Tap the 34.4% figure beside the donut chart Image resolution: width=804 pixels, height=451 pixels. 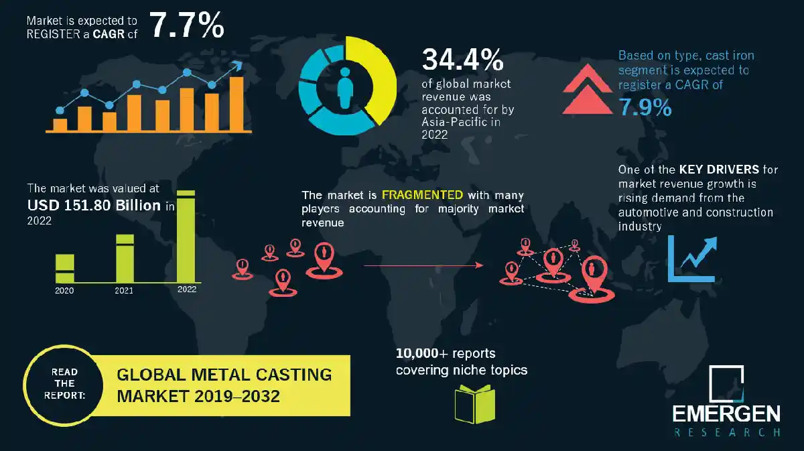coord(462,60)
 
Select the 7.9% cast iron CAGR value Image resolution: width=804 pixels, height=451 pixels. coord(645,107)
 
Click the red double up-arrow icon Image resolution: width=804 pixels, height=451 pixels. coord(588,90)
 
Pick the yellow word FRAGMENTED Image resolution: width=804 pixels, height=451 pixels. coord(421,195)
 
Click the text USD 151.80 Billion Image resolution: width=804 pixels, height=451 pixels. coord(94,205)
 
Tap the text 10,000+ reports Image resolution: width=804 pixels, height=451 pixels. coord(445,353)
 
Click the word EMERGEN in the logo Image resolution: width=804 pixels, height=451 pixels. coord(727,413)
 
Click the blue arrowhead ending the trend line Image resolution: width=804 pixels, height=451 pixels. coord(236,66)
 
